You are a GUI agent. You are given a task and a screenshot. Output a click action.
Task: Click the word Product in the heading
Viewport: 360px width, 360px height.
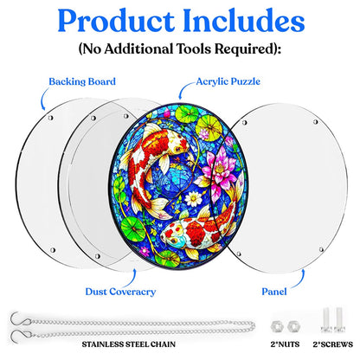(116, 22)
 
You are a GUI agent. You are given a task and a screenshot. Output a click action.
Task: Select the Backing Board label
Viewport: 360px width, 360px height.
(82, 81)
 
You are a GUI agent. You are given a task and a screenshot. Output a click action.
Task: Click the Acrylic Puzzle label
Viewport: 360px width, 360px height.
(228, 81)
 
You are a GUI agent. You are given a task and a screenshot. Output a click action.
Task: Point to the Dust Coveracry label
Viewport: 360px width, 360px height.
(120, 292)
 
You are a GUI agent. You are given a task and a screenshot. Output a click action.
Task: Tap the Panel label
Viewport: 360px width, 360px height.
(274, 292)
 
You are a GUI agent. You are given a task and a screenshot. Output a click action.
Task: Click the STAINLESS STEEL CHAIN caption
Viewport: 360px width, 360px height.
(129, 344)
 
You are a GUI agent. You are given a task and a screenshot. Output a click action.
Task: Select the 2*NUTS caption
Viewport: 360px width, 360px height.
(285, 344)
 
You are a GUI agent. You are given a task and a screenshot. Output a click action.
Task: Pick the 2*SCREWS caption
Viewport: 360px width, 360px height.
(333, 344)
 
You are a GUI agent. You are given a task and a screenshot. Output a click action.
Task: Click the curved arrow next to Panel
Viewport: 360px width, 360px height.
(301, 280)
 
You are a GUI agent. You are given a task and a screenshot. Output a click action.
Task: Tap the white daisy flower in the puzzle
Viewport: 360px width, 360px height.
(193, 199)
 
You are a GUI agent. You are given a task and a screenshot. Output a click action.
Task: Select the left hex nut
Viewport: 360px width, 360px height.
(277, 326)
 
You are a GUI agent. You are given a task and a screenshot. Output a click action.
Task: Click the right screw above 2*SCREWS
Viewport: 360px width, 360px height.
(339, 320)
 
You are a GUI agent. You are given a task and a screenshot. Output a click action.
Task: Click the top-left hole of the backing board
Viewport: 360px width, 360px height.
(50, 118)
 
